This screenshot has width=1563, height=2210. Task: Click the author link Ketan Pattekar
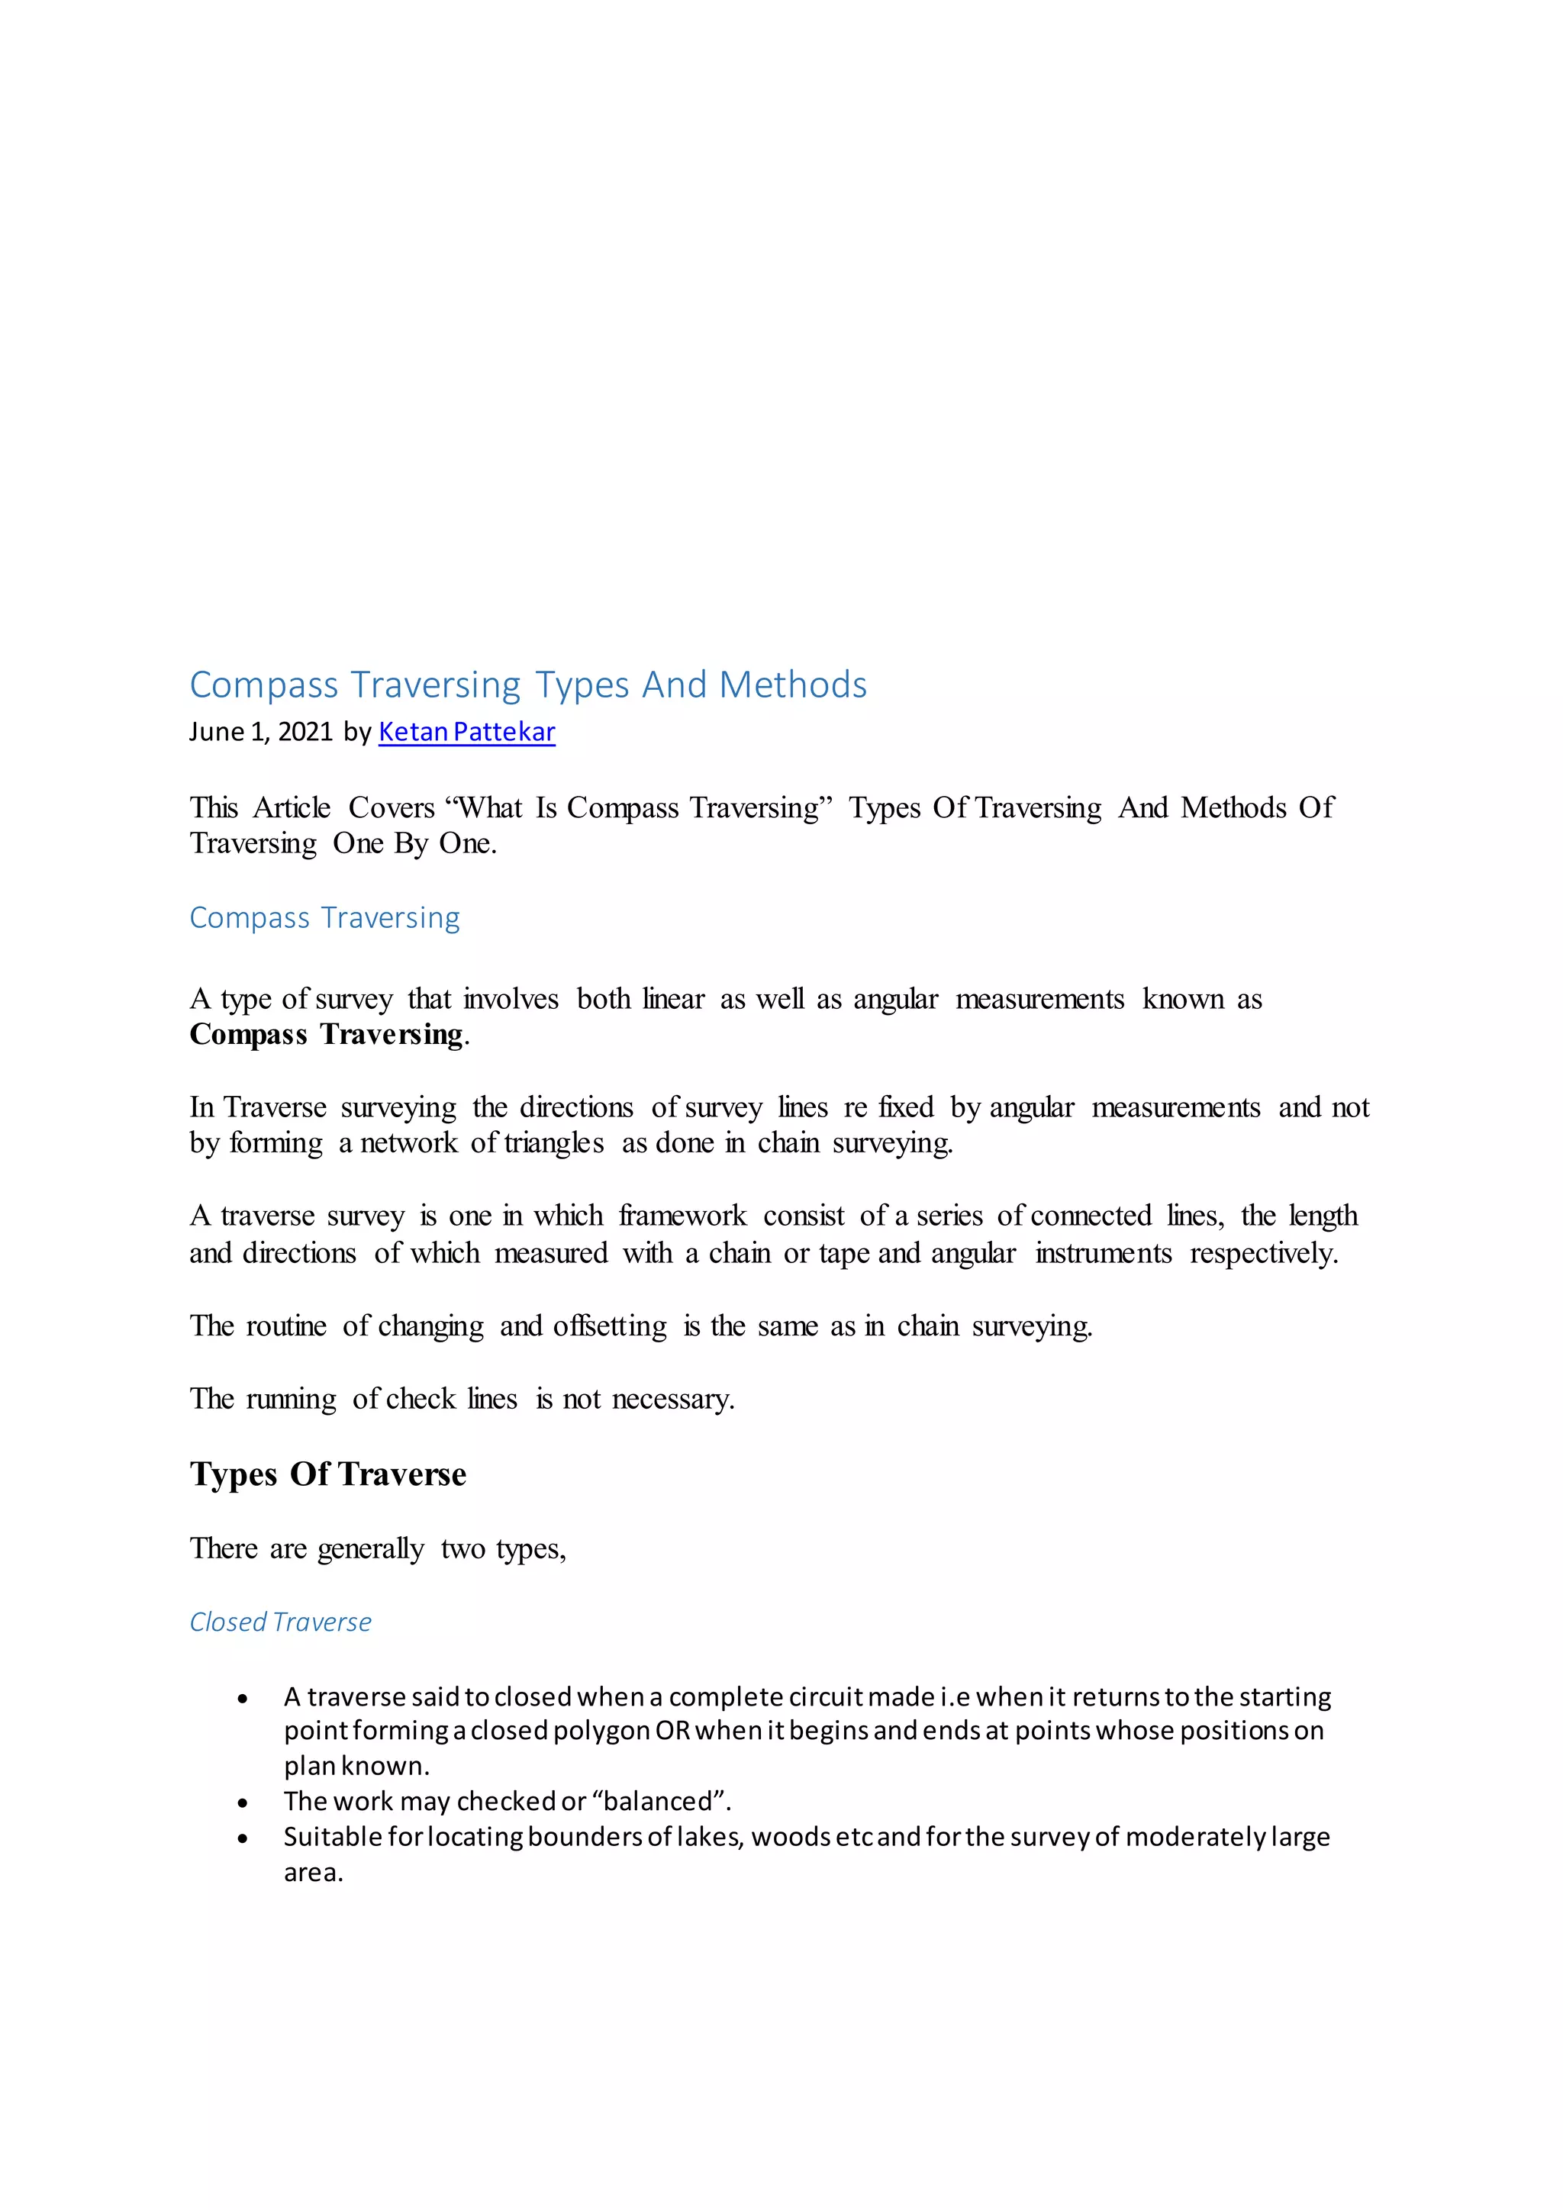coord(467,733)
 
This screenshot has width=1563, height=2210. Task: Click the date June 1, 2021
coord(261,733)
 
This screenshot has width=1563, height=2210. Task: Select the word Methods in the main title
coord(793,685)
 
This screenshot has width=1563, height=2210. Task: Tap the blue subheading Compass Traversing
coord(324,917)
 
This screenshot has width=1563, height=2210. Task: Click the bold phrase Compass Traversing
coord(327,1035)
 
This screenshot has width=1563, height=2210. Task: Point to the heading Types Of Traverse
coord(327,1474)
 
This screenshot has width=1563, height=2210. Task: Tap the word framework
coord(682,1216)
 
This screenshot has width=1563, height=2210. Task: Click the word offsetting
coord(609,1326)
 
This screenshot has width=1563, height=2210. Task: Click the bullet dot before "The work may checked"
coord(243,1802)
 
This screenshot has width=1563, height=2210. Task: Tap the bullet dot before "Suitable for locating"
coord(243,1838)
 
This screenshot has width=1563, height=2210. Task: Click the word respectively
coord(1263,1255)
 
